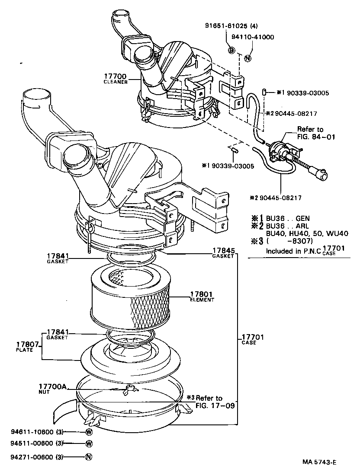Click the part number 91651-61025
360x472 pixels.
(x=225, y=26)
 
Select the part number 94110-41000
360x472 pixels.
(x=253, y=37)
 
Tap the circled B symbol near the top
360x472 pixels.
(x=231, y=51)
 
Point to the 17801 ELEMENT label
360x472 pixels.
(x=202, y=296)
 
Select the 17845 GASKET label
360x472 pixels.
(x=223, y=252)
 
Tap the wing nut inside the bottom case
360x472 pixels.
(x=129, y=390)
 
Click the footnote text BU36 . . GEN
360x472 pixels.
(x=288, y=219)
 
